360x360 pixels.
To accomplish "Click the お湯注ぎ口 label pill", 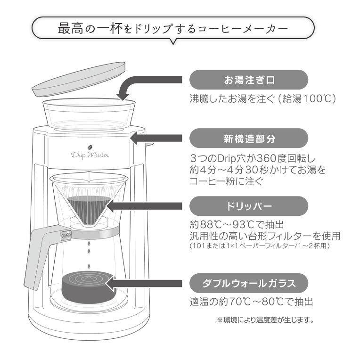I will (x=248, y=80).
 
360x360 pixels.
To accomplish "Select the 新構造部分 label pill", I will (x=248, y=139).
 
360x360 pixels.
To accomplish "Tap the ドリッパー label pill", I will (x=248, y=206).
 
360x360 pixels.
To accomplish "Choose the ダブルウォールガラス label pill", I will (x=248, y=283).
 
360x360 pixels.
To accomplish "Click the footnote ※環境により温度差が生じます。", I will (x=265, y=320).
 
